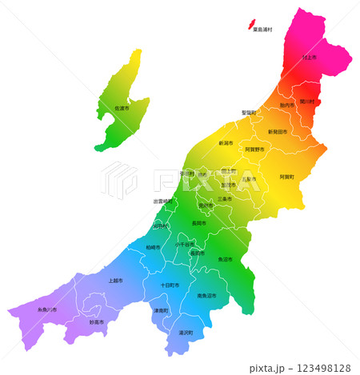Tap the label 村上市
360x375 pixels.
click(310, 58)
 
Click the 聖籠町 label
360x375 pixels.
click(250, 113)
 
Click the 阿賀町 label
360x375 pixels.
click(286, 177)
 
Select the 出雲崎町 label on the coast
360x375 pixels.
click(163, 201)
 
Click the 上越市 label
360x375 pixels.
click(116, 281)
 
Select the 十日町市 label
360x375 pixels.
click(170, 285)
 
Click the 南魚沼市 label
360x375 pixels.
click(207, 296)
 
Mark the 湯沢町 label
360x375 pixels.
click(186, 332)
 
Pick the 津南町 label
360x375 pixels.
click(161, 310)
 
